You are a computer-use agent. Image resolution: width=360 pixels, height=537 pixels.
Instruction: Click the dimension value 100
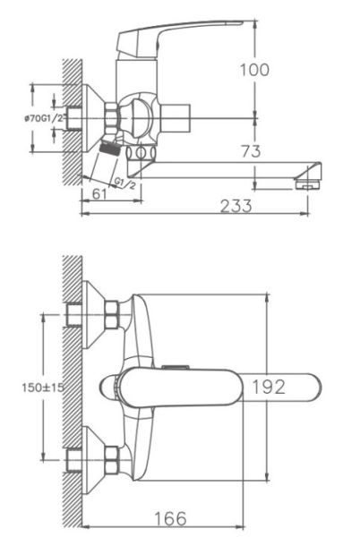click(x=254, y=70)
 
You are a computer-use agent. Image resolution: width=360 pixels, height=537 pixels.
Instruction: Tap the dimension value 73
click(x=251, y=151)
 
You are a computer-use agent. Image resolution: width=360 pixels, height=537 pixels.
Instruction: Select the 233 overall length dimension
click(x=236, y=206)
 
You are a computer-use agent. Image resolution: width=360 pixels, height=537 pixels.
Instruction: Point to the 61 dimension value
click(x=99, y=194)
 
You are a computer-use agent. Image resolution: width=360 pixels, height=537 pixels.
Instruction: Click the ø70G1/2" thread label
click(x=44, y=119)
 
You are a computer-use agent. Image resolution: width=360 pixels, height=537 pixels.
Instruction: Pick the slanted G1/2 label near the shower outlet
click(x=125, y=183)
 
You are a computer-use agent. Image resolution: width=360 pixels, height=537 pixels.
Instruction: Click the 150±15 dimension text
click(x=43, y=388)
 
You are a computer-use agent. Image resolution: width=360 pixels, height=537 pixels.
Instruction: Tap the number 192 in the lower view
click(x=269, y=387)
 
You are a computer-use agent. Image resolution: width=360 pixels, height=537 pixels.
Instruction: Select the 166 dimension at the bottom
click(x=170, y=518)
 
